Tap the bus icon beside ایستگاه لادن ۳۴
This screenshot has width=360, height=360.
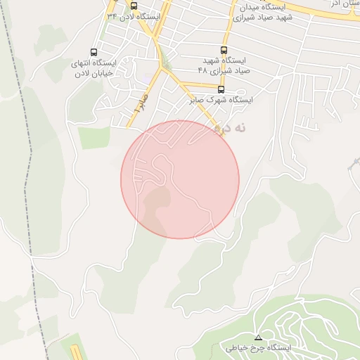point(134,6)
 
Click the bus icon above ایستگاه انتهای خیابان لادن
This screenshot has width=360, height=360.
point(94,52)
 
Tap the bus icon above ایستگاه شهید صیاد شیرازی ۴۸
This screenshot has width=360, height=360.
point(224,50)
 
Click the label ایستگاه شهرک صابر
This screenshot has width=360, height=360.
point(221,100)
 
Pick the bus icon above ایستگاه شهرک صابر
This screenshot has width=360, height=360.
point(221,89)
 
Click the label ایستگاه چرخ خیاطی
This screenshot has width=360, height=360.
point(258,347)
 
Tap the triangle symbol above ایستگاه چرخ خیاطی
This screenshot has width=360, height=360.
point(258,337)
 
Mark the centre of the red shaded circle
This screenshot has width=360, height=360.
point(180,179)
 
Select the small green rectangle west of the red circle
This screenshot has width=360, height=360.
point(94,138)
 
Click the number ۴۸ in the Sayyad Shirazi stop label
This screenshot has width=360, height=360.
point(203,70)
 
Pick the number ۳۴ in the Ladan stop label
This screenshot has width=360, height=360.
point(112,15)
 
